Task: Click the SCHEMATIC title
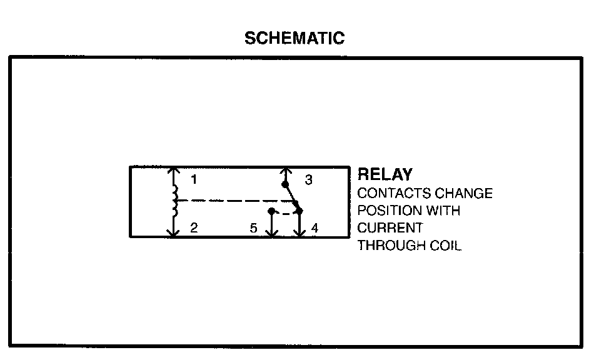(x=294, y=38)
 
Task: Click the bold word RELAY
(x=385, y=175)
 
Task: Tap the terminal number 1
(x=194, y=180)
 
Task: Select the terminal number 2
(x=194, y=228)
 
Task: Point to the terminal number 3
(x=308, y=181)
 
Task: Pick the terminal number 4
(x=315, y=229)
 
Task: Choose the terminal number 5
(x=253, y=229)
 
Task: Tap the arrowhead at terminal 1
(x=173, y=170)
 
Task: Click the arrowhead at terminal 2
(x=173, y=233)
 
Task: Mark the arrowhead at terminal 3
(x=286, y=170)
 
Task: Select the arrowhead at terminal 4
(x=300, y=233)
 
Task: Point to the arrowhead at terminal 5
(x=271, y=233)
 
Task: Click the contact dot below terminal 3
(x=286, y=184)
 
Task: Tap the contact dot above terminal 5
(x=271, y=211)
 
